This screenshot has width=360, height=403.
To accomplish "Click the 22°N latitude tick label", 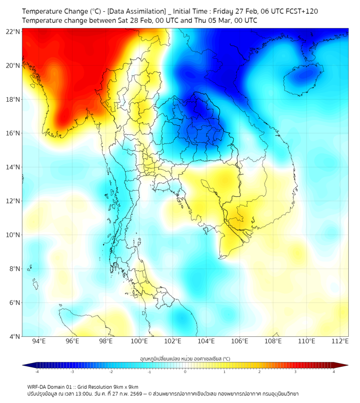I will [13, 31].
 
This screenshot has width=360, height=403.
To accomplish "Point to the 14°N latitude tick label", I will [13, 167].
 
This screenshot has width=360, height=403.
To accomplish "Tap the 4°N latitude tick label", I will [15, 336].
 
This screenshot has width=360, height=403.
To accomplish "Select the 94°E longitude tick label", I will [39, 341].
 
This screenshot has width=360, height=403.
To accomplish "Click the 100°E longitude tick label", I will [139, 341].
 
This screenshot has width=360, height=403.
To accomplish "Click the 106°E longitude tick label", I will [240, 341].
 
